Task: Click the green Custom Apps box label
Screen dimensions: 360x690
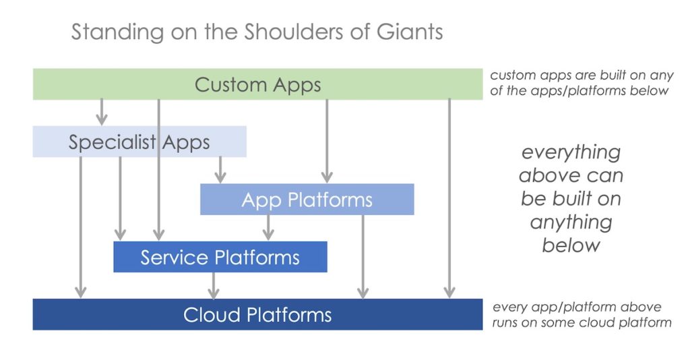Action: [257, 85]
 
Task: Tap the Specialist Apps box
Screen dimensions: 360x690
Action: [139, 142]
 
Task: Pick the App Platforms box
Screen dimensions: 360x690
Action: [307, 200]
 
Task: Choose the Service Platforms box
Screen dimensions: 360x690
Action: [220, 257]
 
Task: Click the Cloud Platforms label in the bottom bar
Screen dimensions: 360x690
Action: [257, 315]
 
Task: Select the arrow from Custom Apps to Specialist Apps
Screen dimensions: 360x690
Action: [102, 112]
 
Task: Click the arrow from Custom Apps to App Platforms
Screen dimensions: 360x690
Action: [327, 141]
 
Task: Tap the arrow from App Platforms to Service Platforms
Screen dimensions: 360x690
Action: [268, 227]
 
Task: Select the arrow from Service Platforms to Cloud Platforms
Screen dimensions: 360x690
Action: [214, 285]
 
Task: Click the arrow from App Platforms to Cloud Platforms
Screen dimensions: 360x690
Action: [363, 256]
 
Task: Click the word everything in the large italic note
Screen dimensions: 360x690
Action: [571, 152]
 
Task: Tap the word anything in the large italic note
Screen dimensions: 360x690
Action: [571, 222]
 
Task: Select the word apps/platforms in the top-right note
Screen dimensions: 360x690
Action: [553, 91]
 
